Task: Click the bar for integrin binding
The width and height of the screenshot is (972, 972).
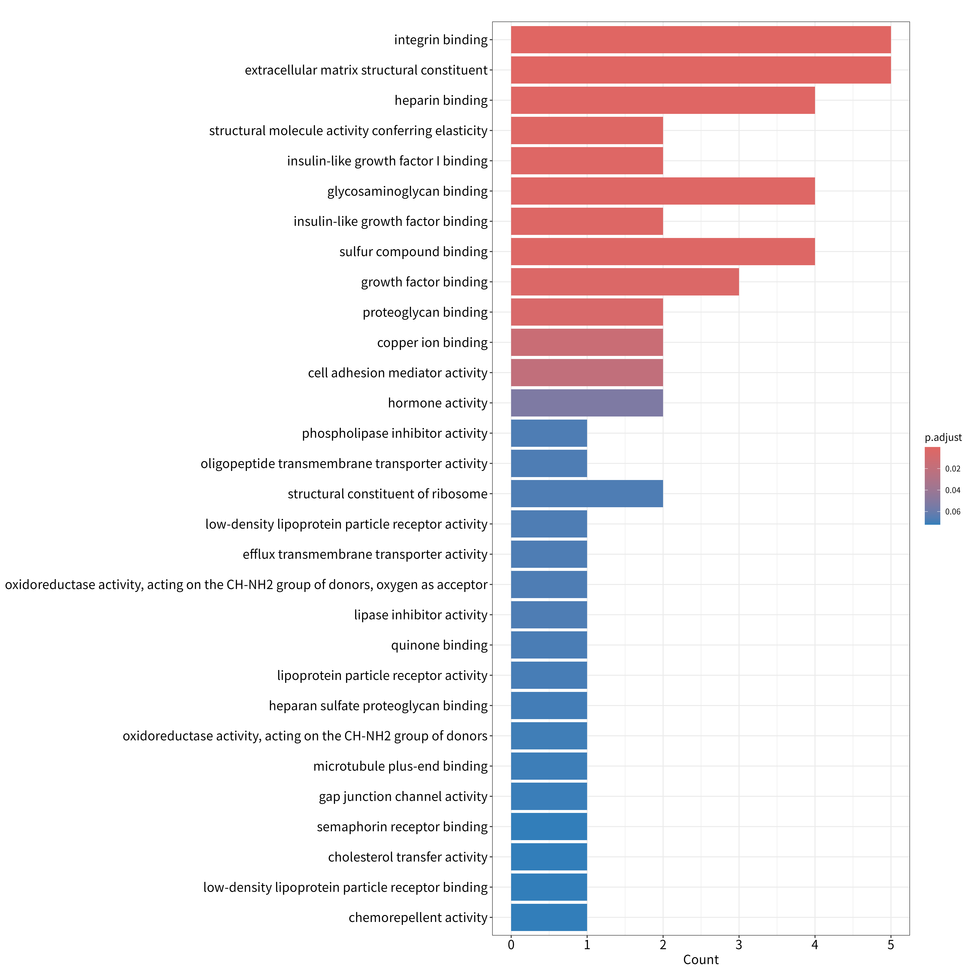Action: pos(701,40)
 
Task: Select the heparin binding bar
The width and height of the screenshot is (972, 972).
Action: pos(663,100)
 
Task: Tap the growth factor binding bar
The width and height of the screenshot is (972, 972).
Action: pos(625,282)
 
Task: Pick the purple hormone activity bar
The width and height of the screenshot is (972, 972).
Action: pos(587,403)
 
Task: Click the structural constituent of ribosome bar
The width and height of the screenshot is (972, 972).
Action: pos(587,494)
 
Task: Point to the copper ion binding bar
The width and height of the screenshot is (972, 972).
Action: pos(587,342)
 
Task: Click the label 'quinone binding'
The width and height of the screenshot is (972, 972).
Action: pos(439,645)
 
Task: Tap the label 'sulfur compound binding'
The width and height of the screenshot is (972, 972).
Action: pos(414,252)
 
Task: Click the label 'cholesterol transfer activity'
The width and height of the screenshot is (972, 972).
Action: pos(408,857)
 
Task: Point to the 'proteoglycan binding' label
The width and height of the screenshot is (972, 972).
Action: pos(425,312)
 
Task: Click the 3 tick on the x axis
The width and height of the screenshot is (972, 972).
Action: pos(739,945)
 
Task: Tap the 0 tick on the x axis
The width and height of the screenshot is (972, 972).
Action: pos(511,945)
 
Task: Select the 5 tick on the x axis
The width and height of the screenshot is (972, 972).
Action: pos(891,945)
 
